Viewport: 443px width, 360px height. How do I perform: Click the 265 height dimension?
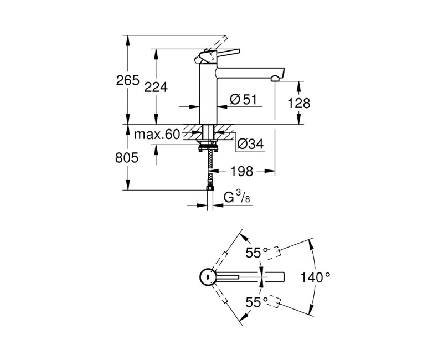[x=127, y=81]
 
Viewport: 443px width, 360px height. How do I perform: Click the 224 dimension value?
[x=156, y=86]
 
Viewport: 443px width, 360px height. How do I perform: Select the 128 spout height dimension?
[x=299, y=103]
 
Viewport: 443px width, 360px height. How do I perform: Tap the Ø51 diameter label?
[x=243, y=100]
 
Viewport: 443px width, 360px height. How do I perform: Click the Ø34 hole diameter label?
[x=250, y=145]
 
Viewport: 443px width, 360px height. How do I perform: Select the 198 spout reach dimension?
[x=241, y=172]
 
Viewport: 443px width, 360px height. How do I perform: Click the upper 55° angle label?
[x=257, y=253]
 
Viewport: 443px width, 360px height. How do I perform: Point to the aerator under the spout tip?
[x=274, y=80]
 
